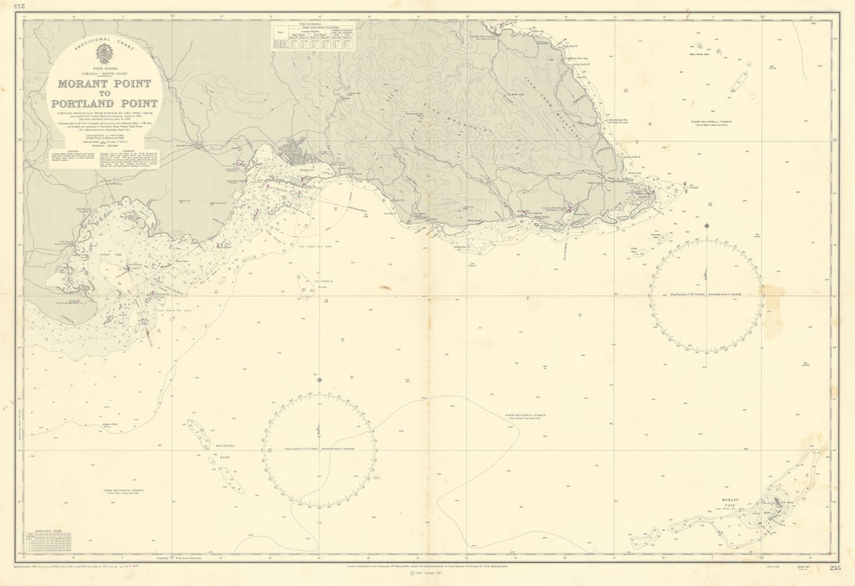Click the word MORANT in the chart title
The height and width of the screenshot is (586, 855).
(84, 84)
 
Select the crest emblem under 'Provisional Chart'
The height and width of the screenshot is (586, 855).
(103, 54)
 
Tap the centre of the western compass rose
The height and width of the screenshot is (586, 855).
(319, 451)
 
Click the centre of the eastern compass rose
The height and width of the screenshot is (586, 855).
(706, 295)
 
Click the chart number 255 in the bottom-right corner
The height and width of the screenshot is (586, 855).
(835, 569)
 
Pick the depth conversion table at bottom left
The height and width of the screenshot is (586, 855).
(48, 542)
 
